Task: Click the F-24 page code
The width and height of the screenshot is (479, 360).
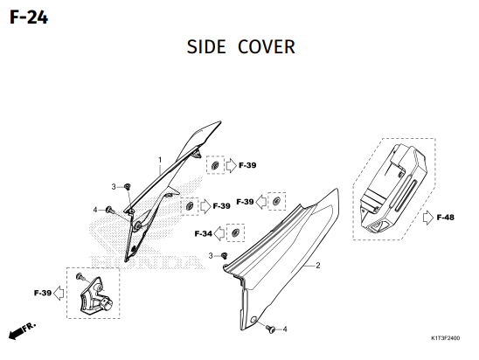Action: point(29,17)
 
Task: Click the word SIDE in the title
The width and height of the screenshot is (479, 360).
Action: point(206,47)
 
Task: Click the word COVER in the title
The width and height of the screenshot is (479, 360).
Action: point(267,47)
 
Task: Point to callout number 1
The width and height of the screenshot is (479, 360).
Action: point(160,160)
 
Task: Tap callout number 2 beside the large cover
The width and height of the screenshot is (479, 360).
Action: point(317,266)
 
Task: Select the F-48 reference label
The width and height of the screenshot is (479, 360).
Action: point(446,218)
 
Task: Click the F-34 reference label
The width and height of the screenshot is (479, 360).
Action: point(203,234)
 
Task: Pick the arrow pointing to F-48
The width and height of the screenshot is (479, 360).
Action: point(428,218)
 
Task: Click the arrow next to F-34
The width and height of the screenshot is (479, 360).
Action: point(219,233)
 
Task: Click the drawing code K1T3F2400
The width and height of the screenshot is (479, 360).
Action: point(445,338)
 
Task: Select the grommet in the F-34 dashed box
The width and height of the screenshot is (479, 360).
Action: point(235,233)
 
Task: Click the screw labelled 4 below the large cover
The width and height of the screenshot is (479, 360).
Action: point(270,329)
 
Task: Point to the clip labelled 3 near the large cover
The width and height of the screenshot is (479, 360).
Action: point(225,255)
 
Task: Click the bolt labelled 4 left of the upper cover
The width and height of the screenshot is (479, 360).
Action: point(109,210)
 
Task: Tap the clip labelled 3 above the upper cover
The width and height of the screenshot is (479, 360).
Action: point(128,186)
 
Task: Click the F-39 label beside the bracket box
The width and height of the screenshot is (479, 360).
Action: point(43,293)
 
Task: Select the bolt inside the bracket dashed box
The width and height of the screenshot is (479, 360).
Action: point(80,277)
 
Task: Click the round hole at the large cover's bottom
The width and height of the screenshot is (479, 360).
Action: point(253,320)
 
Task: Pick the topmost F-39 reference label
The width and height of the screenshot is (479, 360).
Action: point(247,165)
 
